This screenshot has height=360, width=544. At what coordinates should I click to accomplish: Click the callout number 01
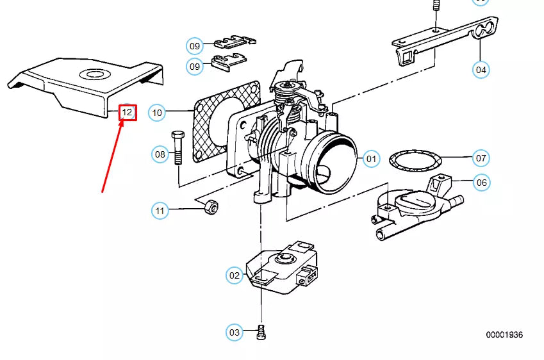(371, 159)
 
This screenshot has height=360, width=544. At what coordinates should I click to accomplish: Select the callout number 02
(234, 275)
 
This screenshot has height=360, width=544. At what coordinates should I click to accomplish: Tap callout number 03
(234, 332)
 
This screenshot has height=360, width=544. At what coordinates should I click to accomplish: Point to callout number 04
(481, 70)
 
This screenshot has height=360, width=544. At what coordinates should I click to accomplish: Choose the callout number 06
(482, 183)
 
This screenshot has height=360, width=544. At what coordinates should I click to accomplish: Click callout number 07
(481, 158)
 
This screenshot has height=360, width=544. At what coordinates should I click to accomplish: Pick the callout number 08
(160, 154)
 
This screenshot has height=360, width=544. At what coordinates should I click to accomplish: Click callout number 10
(157, 113)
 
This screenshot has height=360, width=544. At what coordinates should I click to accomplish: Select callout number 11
(160, 211)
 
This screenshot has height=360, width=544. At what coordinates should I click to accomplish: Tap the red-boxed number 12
(128, 112)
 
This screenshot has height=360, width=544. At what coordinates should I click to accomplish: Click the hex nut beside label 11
(211, 207)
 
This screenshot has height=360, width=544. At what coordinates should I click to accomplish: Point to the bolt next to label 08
(177, 148)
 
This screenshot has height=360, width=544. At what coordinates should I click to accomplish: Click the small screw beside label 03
(261, 332)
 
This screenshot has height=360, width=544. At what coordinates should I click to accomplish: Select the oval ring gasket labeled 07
(415, 161)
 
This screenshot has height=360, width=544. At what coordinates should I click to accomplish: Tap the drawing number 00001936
(504, 334)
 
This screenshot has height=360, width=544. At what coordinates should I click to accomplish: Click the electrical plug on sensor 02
(307, 274)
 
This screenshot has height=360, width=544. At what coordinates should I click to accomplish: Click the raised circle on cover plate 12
(94, 74)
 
